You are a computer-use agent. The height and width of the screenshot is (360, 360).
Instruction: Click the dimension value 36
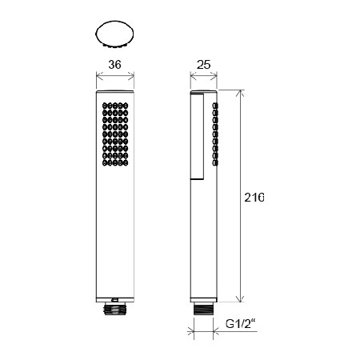coord(114,65)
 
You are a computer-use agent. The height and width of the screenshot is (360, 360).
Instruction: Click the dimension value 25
coord(203,65)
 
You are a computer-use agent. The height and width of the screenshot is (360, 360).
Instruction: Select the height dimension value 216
coord(254,198)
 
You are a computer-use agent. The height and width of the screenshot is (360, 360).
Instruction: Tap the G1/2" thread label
coord(240,324)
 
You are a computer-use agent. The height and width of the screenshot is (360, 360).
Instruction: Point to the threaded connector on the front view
coord(114,310)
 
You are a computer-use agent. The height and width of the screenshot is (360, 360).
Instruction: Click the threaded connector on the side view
coord(203,309)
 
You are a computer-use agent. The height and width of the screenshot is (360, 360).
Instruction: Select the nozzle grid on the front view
coord(115,134)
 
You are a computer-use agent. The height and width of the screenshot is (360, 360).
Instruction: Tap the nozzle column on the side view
coord(215,134)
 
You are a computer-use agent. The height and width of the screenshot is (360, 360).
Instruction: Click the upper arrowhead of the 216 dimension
coord(241,93)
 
